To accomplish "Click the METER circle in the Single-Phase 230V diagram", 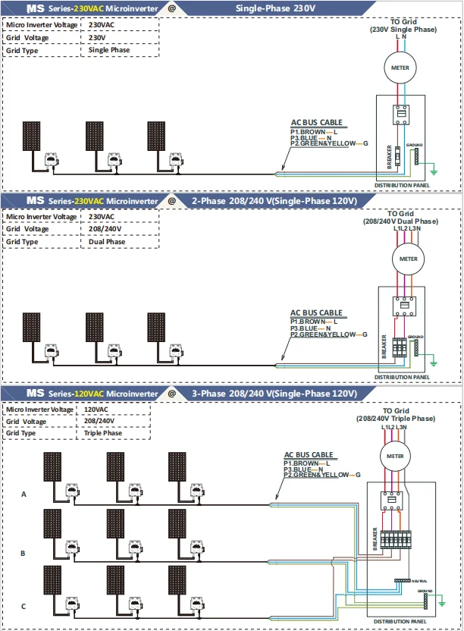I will [400, 67].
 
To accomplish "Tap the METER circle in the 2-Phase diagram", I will [404, 259].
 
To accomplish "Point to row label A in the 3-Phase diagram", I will [24, 494].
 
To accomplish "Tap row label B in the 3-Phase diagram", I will [24, 553].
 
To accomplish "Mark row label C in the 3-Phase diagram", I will [24, 606].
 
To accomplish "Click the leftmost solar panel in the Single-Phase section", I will [31, 137].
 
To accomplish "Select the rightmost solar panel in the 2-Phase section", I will [158, 328].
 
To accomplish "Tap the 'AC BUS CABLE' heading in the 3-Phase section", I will [307, 455].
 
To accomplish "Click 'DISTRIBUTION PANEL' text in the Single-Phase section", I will [402, 185].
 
